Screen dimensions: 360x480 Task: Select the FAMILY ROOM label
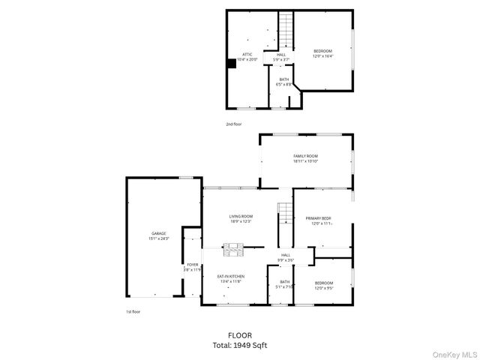click(x=305, y=158)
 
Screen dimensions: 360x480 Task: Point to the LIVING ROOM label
click(x=241, y=218)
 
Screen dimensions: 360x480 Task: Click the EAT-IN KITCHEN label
click(x=230, y=278)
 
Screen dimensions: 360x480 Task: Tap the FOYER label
click(x=193, y=266)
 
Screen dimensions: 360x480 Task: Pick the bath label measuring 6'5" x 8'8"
click(x=283, y=82)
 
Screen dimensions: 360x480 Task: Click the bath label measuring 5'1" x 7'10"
click(x=284, y=284)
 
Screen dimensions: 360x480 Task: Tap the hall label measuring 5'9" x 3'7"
click(x=281, y=57)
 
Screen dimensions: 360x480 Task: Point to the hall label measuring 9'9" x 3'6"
click(x=286, y=257)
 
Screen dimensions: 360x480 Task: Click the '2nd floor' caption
click(x=234, y=124)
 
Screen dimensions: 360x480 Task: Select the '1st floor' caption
click(x=133, y=311)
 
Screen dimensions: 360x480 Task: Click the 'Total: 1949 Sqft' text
click(x=240, y=345)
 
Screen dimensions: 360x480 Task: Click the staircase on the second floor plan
click(x=285, y=30)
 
